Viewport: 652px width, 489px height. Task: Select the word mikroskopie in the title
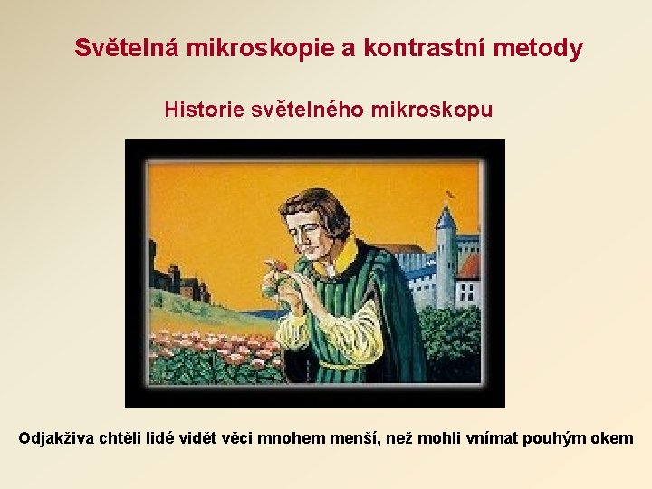pyautogui.click(x=260, y=48)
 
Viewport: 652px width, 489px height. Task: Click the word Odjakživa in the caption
pyautogui.click(x=56, y=439)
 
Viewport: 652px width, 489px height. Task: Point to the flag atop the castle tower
pyautogui.click(x=450, y=194)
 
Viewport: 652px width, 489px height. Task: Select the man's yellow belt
pyautogui.click(x=340, y=365)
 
